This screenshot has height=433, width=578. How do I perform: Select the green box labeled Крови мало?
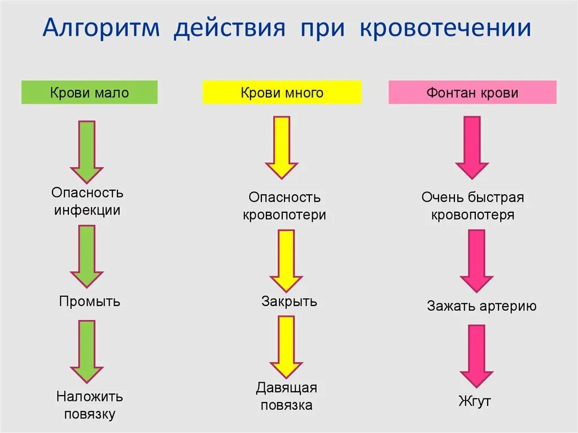(89, 93)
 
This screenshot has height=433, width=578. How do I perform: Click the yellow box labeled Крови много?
(282, 93)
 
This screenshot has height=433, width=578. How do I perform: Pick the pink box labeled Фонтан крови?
(472, 93)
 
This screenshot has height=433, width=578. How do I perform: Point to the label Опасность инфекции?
(87, 202)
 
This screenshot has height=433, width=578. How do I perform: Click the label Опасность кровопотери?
(284, 206)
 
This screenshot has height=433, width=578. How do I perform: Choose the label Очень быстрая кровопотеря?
(472, 206)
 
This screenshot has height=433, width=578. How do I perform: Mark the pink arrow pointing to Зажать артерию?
(476, 260)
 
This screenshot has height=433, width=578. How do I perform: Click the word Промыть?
(89, 301)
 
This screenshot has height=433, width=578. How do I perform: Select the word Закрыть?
(289, 301)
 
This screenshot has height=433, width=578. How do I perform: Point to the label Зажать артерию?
(481, 307)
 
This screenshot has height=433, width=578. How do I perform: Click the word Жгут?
(474, 402)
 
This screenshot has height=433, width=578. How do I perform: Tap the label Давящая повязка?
(286, 396)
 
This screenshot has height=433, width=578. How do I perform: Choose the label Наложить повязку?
(89, 405)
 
